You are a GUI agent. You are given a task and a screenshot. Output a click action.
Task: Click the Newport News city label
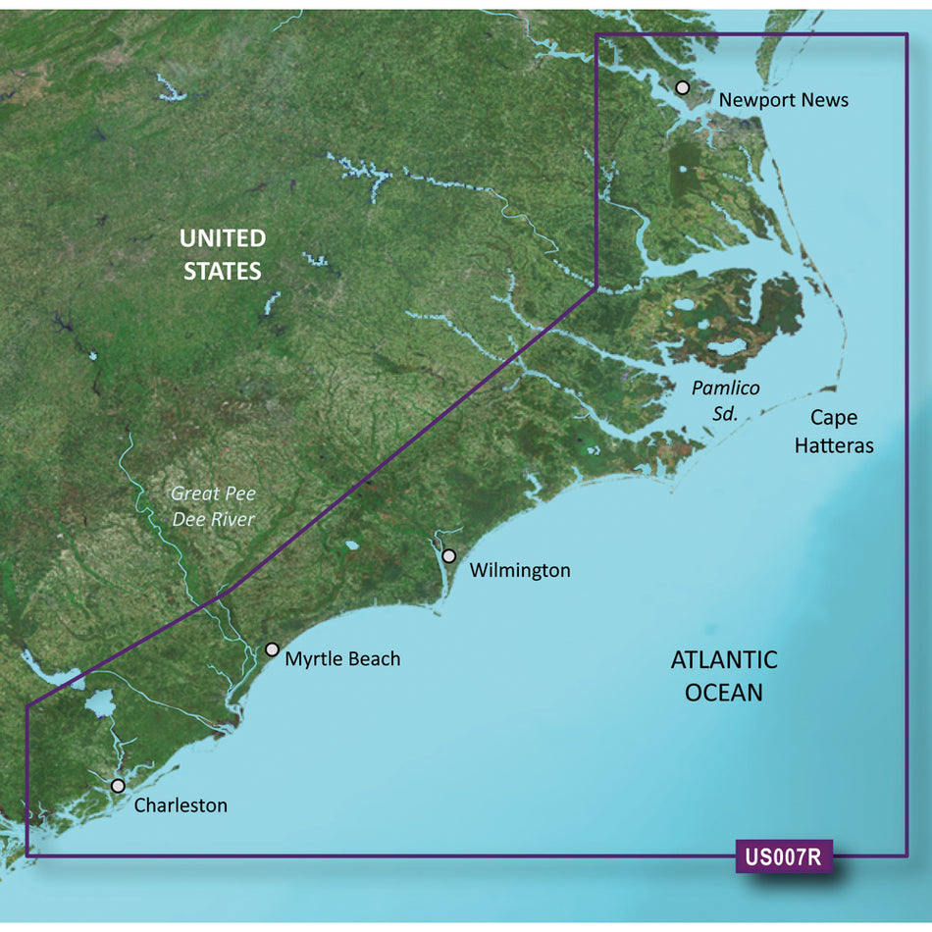783,100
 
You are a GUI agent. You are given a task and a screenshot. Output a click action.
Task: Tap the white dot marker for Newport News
683,88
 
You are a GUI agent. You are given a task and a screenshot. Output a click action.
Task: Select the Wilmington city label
519,570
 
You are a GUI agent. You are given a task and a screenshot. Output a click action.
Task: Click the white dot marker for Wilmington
449,556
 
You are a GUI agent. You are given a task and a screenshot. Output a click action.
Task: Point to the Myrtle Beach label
342,659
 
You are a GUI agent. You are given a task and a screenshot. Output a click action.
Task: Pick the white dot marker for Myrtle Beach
272,649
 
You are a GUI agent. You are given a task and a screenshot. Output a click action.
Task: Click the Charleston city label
181,805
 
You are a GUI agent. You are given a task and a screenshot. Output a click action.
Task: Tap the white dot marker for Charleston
118,786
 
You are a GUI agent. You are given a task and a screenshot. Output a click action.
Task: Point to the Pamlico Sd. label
725,400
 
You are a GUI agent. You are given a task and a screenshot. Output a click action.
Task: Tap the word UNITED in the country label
223,238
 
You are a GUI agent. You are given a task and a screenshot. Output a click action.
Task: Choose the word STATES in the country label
223,271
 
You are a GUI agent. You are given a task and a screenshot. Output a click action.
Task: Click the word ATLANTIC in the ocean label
724,660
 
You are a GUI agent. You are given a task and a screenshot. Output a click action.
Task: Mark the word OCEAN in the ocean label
724,693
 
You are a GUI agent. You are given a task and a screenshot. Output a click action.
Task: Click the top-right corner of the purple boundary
906,35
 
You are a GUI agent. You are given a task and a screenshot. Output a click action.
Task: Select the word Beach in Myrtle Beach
374,659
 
